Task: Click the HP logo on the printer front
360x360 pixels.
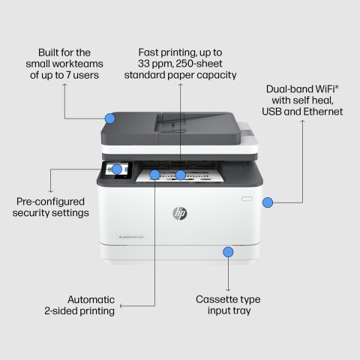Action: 179,214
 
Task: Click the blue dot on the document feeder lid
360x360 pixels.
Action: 110,118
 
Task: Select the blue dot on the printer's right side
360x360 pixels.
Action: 267,202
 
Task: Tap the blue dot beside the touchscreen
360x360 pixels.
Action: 117,169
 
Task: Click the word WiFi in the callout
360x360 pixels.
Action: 319,88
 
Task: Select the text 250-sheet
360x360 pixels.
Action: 199,64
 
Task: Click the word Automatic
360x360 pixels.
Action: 90,297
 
